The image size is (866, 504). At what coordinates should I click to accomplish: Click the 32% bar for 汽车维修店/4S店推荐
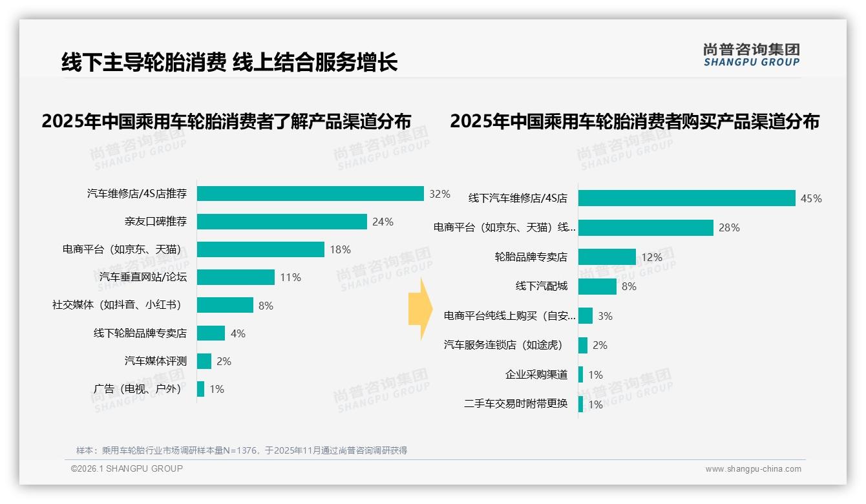pyautogui.click(x=310, y=194)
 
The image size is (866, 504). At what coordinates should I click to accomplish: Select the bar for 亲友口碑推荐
pyautogui.click(x=282, y=222)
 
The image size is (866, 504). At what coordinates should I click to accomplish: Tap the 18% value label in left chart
pyautogui.click(x=340, y=249)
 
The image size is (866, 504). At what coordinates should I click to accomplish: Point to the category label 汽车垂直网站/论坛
pyautogui.click(x=143, y=277)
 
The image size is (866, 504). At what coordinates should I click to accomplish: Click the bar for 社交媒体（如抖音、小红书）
pyautogui.click(x=225, y=305)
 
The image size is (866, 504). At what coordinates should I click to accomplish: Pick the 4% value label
pyautogui.click(x=238, y=333)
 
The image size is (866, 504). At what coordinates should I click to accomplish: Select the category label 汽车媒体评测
pyautogui.click(x=155, y=361)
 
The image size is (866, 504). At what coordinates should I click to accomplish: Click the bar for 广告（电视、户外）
pyautogui.click(x=201, y=389)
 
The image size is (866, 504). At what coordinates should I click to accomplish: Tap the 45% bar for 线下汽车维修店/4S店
pyautogui.click(x=686, y=198)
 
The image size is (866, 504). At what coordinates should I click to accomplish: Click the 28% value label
pyautogui.click(x=729, y=227)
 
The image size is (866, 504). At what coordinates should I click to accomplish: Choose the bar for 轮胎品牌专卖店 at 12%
pyautogui.click(x=607, y=257)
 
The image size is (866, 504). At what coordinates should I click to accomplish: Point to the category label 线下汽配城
pyautogui.click(x=541, y=286)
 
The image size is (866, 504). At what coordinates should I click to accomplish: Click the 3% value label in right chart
pyautogui.click(x=605, y=316)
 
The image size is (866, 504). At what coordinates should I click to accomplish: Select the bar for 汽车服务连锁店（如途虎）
pyautogui.click(x=583, y=345)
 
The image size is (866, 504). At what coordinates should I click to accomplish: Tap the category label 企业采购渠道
pyautogui.click(x=536, y=375)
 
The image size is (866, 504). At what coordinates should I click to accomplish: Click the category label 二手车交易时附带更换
pyautogui.click(x=515, y=404)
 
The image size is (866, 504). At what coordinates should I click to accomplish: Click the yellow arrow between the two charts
pyautogui.click(x=419, y=310)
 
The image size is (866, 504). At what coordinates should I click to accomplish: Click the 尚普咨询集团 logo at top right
pyautogui.click(x=751, y=55)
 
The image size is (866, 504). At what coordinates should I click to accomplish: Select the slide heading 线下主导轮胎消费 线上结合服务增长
pyautogui.click(x=229, y=62)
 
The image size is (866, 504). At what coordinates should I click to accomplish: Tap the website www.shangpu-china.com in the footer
pyautogui.click(x=753, y=469)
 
